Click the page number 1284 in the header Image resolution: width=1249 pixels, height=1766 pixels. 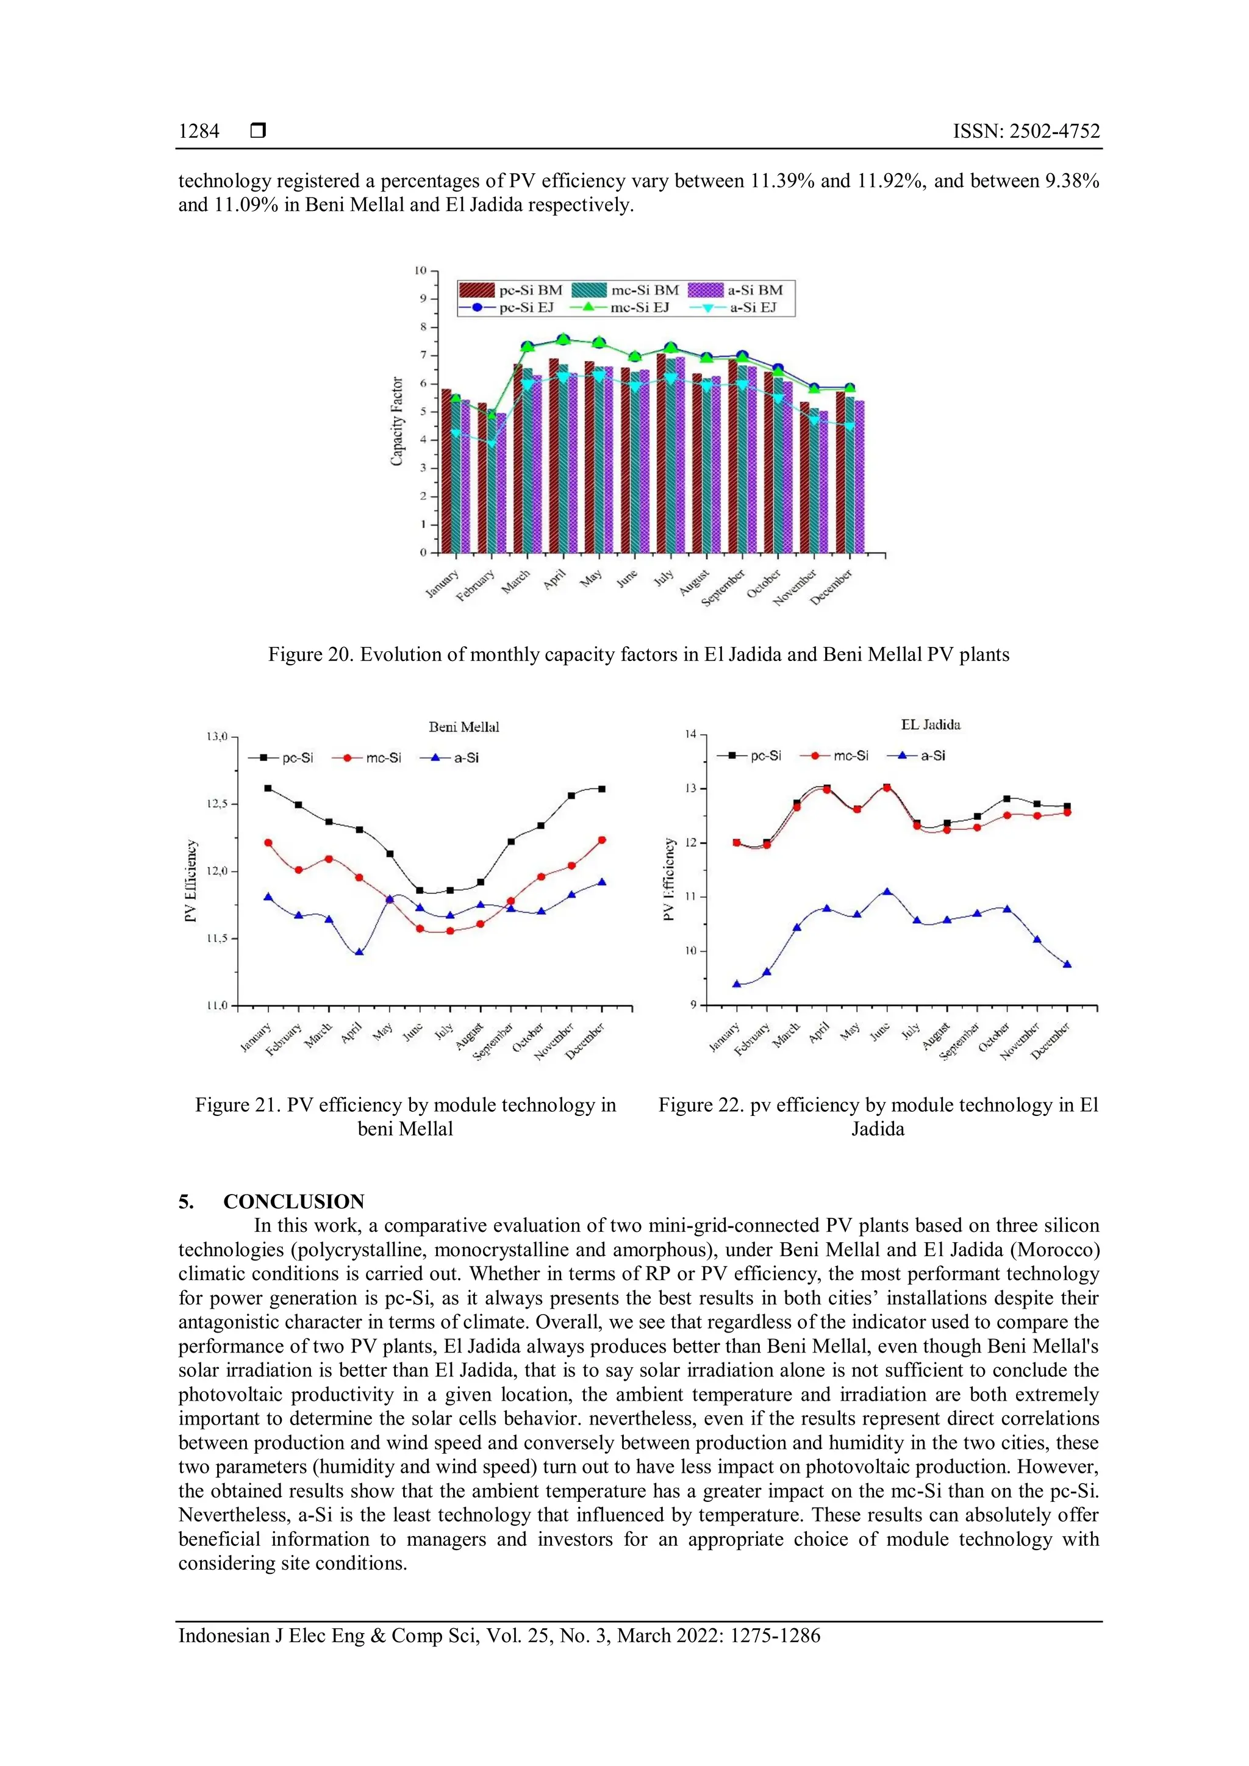(198, 132)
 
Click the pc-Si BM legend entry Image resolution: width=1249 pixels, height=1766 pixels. (512, 290)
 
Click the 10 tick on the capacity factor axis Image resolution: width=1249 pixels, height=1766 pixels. (421, 271)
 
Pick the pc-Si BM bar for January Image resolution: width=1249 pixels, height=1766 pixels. (446, 471)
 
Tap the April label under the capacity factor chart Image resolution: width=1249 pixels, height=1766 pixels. (554, 579)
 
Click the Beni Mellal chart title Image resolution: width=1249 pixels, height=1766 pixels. (463, 727)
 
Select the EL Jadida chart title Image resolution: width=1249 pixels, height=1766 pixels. (931, 724)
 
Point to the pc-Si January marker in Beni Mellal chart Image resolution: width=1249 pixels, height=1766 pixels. (268, 788)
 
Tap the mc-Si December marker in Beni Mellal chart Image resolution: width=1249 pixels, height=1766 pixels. (601, 840)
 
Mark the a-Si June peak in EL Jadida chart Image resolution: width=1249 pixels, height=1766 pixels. (887, 892)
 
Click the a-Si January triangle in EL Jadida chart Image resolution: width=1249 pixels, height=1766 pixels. (737, 984)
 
